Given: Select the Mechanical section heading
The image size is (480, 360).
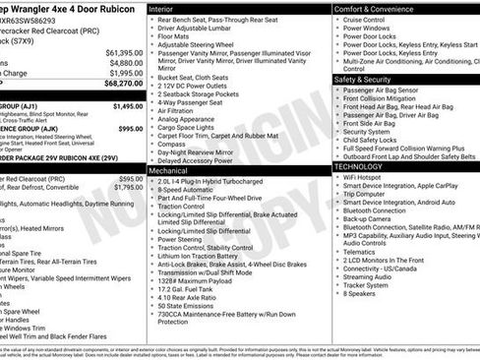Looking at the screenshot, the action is (x=168, y=169).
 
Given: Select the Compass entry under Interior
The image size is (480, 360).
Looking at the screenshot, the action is (x=172, y=142).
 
